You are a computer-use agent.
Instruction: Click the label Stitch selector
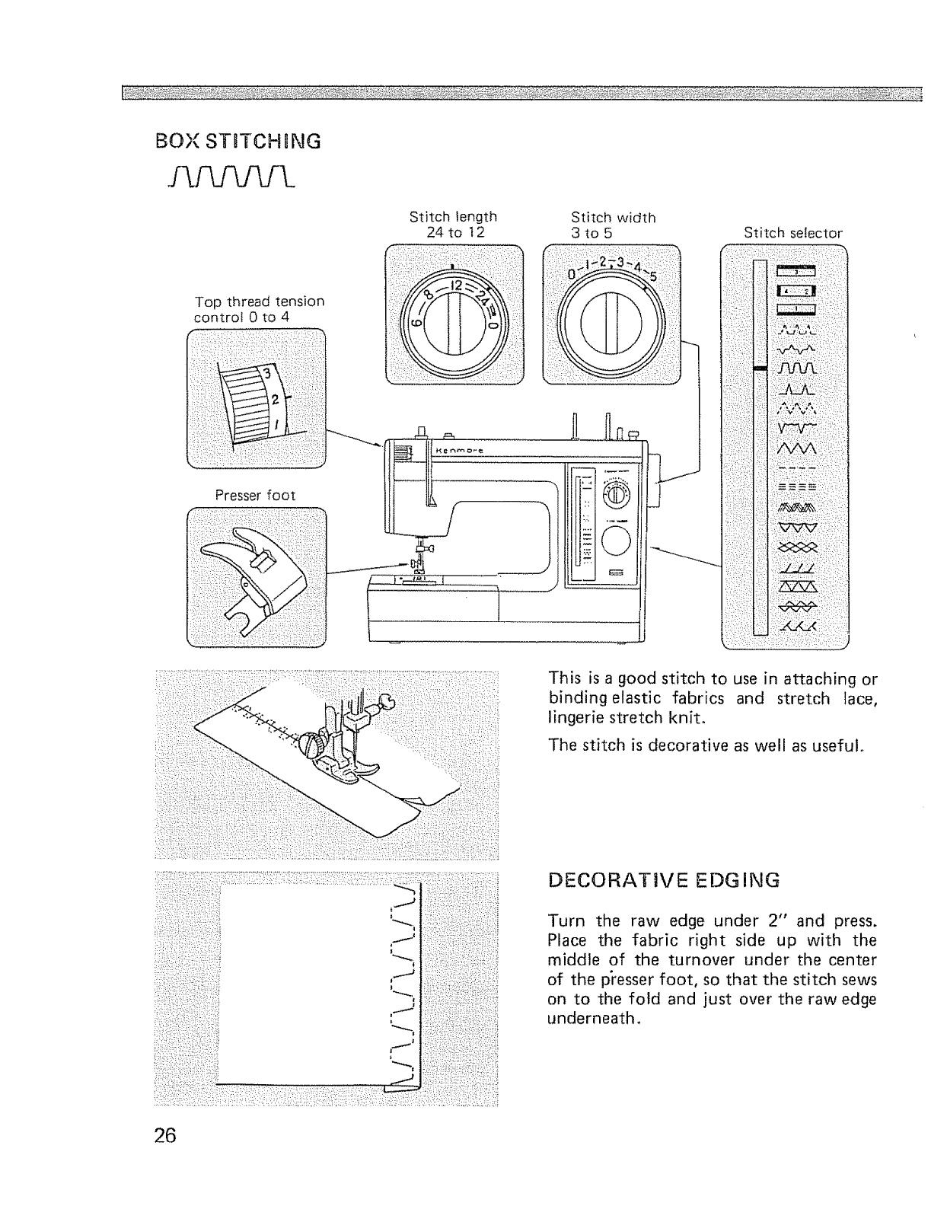tap(793, 233)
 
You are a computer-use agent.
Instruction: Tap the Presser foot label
tap(255, 495)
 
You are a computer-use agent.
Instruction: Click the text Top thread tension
tap(259, 301)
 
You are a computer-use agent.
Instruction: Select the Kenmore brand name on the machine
tap(461, 451)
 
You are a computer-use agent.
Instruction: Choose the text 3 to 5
tap(591, 233)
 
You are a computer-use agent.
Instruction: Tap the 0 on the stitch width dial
tap(572, 273)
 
